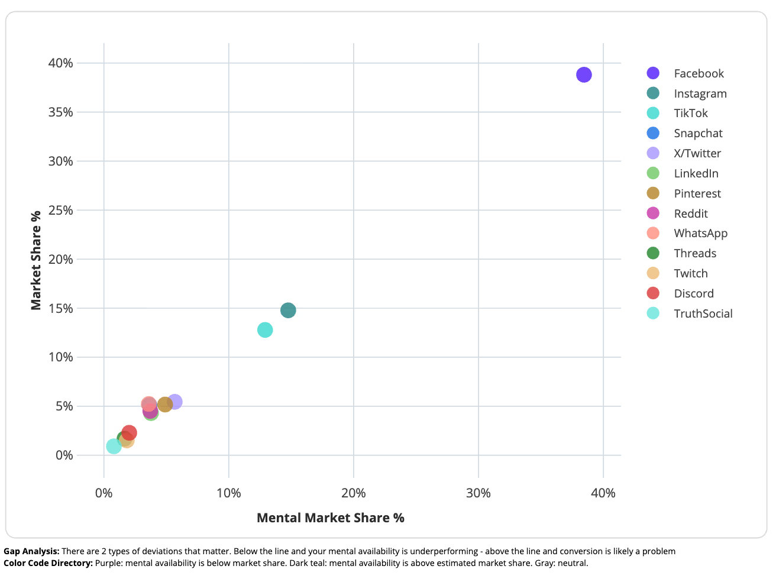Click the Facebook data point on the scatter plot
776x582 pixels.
584,75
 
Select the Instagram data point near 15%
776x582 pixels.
288,311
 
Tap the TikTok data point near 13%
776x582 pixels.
265,329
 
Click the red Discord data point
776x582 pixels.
130,432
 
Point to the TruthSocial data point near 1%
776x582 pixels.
114,446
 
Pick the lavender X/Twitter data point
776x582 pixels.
176,402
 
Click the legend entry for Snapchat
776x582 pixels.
698,134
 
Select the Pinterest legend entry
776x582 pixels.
697,193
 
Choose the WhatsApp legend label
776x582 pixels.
700,233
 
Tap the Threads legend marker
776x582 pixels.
653,253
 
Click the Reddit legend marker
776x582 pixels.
653,214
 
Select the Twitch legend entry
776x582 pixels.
690,273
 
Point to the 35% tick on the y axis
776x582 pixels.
60,112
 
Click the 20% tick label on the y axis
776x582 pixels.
60,259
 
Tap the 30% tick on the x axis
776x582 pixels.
478,493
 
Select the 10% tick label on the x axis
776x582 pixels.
228,493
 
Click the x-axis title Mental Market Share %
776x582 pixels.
330,518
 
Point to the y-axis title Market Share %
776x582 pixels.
36,260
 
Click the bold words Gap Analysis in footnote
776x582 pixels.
31,551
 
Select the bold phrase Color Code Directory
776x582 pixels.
48,563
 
